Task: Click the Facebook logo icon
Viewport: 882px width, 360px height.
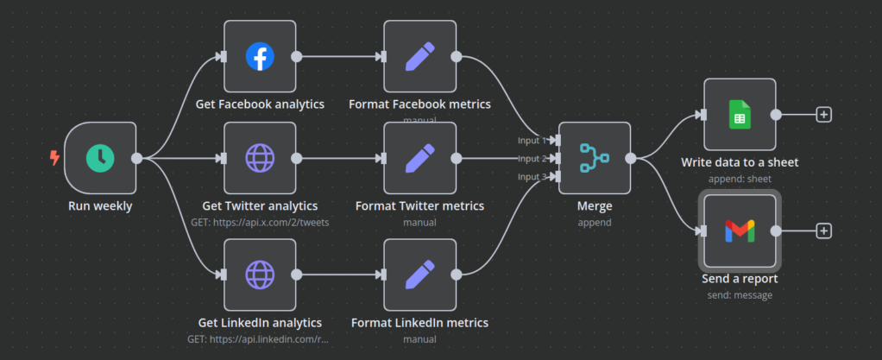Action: point(259,56)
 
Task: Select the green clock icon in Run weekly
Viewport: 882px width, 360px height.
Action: point(100,157)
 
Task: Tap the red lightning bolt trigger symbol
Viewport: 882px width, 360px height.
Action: point(55,157)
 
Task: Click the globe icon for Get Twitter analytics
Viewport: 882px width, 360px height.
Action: point(259,157)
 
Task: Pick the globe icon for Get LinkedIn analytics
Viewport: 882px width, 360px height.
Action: point(259,275)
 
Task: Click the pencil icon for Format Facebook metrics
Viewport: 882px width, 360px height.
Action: point(419,56)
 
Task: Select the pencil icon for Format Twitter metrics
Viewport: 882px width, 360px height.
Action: point(419,157)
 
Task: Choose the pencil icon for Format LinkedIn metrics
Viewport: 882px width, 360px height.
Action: point(419,275)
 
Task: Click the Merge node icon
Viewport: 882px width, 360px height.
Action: point(594,158)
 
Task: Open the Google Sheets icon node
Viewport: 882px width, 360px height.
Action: point(740,114)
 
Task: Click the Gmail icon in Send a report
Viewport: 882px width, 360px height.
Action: point(740,231)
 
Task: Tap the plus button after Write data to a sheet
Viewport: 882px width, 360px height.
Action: point(823,114)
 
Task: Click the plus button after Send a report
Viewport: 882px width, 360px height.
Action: point(823,231)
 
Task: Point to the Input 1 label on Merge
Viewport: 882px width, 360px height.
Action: point(532,140)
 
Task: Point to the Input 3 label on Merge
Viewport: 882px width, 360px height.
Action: point(532,177)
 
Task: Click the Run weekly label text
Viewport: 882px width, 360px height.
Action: point(100,206)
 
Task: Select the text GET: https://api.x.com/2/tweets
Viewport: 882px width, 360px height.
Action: point(259,222)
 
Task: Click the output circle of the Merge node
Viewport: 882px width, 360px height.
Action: point(631,158)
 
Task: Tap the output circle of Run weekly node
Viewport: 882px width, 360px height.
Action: point(136,158)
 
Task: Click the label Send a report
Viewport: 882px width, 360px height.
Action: point(740,279)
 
